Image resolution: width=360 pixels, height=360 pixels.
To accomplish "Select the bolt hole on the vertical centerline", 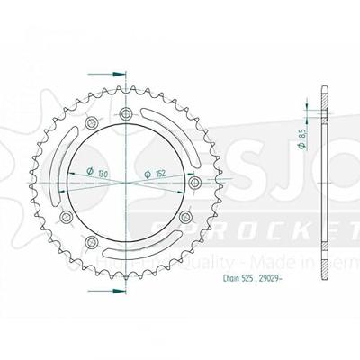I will coord(125,113).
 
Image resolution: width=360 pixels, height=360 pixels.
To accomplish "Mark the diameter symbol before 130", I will coord(91,173).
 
